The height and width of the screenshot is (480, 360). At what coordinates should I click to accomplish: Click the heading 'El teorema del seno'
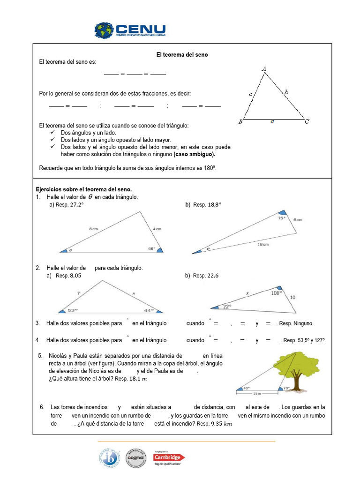click(x=182, y=55)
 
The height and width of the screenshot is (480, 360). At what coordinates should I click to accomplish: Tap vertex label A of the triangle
click(x=264, y=69)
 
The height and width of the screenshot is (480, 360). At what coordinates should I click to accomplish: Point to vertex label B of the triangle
click(x=240, y=122)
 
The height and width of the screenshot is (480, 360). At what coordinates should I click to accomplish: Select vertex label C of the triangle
click(x=307, y=122)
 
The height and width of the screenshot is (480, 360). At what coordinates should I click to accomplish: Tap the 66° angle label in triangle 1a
click(x=151, y=248)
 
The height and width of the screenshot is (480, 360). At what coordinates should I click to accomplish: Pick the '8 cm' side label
click(x=94, y=229)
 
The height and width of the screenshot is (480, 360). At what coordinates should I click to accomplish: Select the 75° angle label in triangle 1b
click(x=281, y=218)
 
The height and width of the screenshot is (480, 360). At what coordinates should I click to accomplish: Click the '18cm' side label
click(x=263, y=245)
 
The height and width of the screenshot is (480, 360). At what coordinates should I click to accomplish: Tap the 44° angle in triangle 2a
click(x=149, y=309)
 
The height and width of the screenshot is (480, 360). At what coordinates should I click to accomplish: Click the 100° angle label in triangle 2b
click(x=277, y=292)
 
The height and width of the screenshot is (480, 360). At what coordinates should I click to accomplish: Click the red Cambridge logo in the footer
click(x=170, y=457)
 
